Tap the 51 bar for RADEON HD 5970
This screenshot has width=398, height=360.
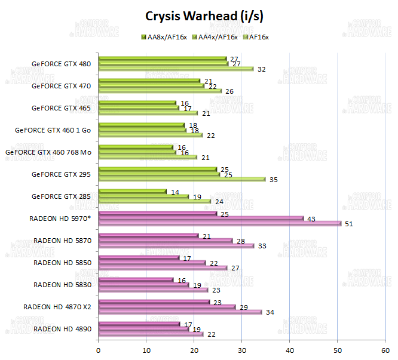point(219,224)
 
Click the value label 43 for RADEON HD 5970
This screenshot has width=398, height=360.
point(311,219)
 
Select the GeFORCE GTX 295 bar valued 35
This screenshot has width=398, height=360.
point(182,179)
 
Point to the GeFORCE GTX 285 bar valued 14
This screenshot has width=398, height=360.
point(132,192)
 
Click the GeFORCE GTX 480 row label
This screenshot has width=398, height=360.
point(62,63)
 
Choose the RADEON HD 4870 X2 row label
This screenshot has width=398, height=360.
point(57,306)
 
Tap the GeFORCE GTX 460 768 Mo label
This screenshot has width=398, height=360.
point(48,152)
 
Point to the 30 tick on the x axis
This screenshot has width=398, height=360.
point(241,350)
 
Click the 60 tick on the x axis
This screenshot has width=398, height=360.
point(385,350)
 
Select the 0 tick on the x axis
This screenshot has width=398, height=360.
point(98,350)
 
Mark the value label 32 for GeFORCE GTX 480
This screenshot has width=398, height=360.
point(261,69)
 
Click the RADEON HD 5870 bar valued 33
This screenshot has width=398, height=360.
point(176,246)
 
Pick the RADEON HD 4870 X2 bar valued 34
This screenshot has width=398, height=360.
point(180,312)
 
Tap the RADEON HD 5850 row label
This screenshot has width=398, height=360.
point(62,262)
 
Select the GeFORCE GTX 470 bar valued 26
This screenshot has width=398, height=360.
point(160,91)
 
